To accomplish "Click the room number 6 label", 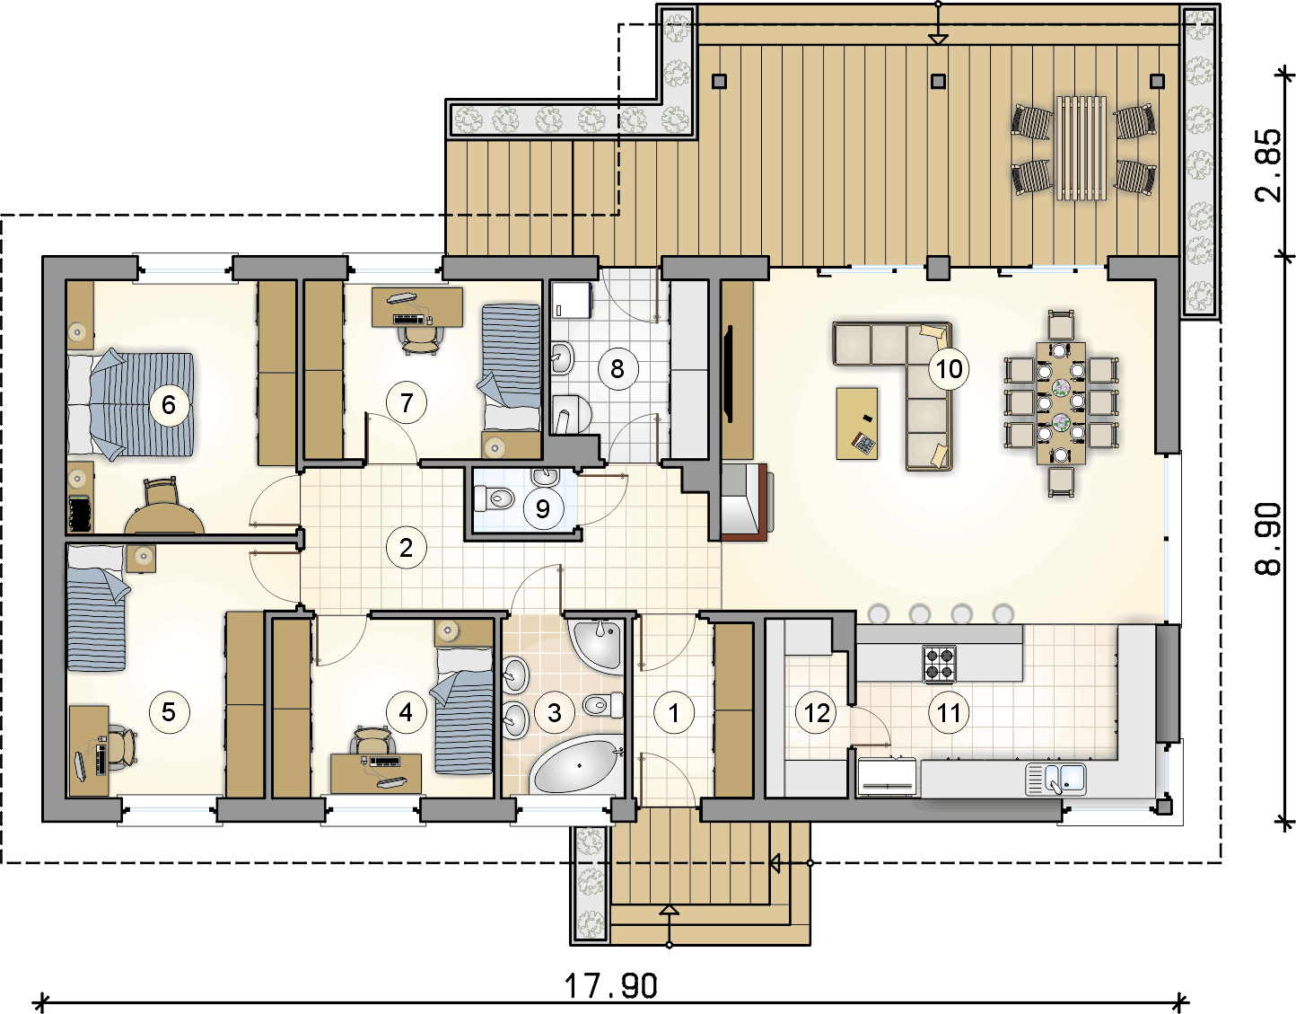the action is (169, 405).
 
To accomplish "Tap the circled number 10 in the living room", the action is (949, 369).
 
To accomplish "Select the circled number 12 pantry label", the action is (817, 712).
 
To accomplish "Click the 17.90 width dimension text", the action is (610, 985).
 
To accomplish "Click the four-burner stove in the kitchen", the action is (940, 664).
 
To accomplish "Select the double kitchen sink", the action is (1055, 779).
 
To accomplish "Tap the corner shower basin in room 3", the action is (597, 647).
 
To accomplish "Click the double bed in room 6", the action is (130, 405).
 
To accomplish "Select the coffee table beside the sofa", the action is (857, 423).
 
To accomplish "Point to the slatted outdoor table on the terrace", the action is (1081, 147).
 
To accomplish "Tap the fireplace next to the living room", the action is (747, 501).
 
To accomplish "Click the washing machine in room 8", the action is (572, 301).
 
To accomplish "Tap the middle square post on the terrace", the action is (938, 81).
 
